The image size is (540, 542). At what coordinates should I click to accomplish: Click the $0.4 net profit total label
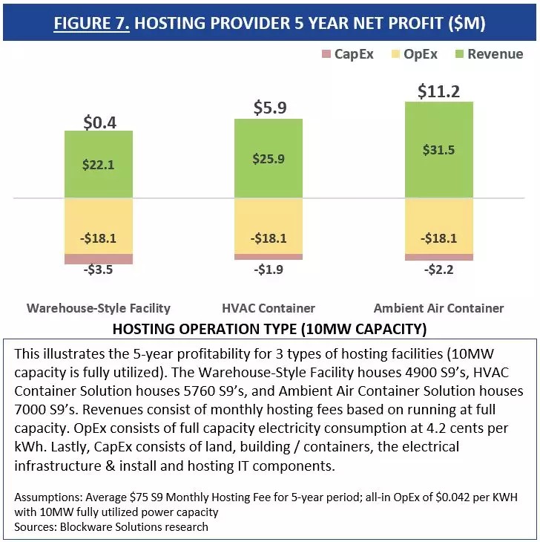pyautogui.click(x=98, y=121)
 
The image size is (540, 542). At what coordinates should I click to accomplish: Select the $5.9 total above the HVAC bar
pyautogui.click(x=269, y=108)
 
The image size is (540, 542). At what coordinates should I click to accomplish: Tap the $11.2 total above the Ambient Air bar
pyautogui.click(x=438, y=91)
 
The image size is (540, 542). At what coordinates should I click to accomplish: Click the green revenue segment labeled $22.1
pyautogui.click(x=98, y=165)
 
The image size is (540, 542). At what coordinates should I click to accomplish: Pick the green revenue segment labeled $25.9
pyautogui.click(x=269, y=159)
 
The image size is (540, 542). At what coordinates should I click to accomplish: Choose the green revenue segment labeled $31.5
pyautogui.click(x=439, y=150)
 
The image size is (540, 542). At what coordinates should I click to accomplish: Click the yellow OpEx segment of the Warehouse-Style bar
pyautogui.click(x=98, y=226)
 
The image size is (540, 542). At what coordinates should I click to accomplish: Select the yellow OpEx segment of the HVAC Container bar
pyautogui.click(x=269, y=226)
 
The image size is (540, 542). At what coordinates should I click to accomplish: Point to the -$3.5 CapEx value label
pyautogui.click(x=98, y=270)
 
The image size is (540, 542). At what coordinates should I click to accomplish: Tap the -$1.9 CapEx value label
pyautogui.click(x=269, y=269)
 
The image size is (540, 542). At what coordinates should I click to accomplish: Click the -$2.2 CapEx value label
pyautogui.click(x=439, y=270)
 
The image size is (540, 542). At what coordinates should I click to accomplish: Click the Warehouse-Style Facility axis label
pyautogui.click(x=99, y=308)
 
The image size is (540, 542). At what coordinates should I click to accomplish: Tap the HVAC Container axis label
pyautogui.click(x=269, y=308)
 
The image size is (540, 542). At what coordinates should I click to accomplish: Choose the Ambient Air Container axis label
pyautogui.click(x=439, y=308)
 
